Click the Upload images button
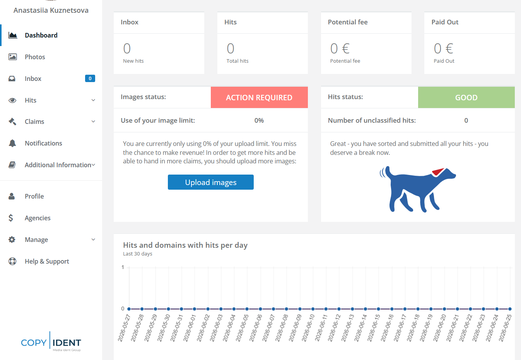(x=210, y=182)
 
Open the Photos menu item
(x=35, y=57)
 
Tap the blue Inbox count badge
(x=90, y=79)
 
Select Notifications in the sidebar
(x=43, y=143)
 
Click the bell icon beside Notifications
(x=12, y=143)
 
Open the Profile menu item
(x=34, y=196)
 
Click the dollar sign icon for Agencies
(x=11, y=218)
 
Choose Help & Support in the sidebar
(x=47, y=261)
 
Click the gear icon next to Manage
(x=12, y=240)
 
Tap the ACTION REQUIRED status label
(x=259, y=98)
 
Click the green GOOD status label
(x=466, y=98)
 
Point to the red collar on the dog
(x=438, y=172)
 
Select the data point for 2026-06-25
(x=510, y=309)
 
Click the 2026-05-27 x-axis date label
(x=124, y=327)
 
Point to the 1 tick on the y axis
(x=123, y=267)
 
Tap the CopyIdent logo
(x=51, y=342)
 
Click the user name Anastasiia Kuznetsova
(x=51, y=10)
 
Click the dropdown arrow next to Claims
(x=93, y=122)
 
